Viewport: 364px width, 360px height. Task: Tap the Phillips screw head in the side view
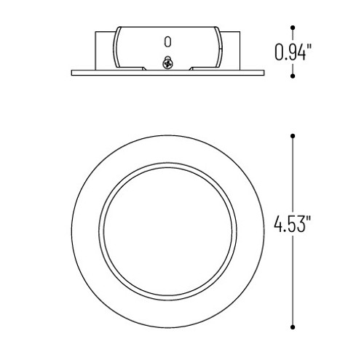[168, 64]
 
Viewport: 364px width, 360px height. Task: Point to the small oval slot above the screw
[168, 41]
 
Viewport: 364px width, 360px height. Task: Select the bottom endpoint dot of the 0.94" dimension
[293, 75]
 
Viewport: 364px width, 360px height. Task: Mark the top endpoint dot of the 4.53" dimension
[293, 136]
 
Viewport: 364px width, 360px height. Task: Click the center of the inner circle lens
[168, 231]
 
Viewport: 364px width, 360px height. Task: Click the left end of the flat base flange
[74, 72]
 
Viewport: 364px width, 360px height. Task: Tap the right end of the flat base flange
[263, 72]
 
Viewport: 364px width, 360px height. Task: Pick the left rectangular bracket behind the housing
[103, 50]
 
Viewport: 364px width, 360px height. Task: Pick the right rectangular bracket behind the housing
[233, 50]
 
